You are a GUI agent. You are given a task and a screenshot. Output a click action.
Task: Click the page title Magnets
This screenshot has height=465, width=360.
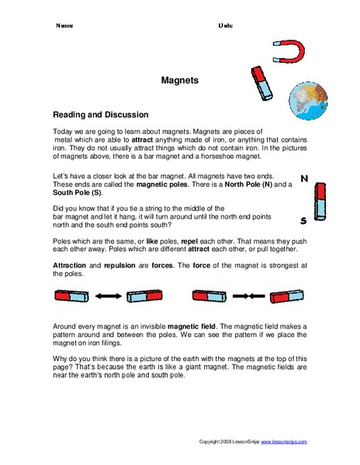[x=179, y=79]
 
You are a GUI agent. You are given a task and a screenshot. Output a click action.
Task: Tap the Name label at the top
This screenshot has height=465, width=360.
[x=64, y=26]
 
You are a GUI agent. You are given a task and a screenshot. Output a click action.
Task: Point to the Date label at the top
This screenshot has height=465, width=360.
[x=225, y=26]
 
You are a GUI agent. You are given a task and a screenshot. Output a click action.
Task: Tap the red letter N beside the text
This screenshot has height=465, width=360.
[x=303, y=180]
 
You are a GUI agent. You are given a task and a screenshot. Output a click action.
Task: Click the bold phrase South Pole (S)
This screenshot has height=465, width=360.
[x=76, y=191]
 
